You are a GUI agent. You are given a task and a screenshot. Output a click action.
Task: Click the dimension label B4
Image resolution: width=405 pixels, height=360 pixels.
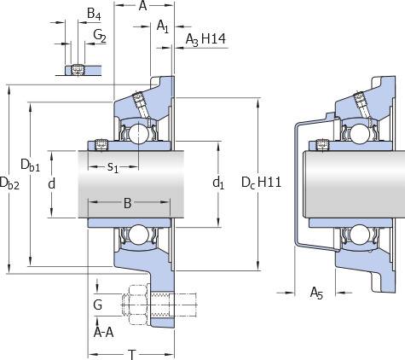tap(94, 14)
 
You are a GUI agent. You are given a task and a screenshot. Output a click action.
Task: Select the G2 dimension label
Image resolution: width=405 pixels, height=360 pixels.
tap(100, 36)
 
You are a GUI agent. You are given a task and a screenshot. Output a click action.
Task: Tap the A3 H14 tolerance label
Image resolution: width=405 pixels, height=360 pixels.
tap(205, 39)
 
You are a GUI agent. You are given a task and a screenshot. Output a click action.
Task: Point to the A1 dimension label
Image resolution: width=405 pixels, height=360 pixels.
tap(163, 26)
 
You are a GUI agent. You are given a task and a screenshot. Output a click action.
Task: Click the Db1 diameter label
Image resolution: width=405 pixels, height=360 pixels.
tap(31, 165)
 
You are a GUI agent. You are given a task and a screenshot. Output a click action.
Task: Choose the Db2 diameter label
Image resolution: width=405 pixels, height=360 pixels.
tap(9, 183)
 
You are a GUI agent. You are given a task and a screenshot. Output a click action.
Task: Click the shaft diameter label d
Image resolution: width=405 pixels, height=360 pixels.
tap(51, 183)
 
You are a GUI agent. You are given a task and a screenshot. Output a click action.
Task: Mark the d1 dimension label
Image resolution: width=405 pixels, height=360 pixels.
tap(218, 183)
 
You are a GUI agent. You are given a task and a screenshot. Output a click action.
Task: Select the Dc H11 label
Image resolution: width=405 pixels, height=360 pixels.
tap(261, 183)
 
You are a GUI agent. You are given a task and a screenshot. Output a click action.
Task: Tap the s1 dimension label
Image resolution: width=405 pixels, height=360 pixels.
tap(113, 167)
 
